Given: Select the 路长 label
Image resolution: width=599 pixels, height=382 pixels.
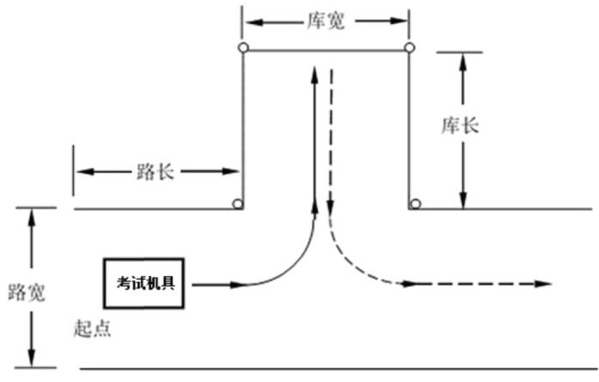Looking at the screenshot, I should pyautogui.click(x=156, y=171).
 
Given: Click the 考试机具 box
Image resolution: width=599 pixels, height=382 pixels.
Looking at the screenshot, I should pyautogui.click(x=146, y=282).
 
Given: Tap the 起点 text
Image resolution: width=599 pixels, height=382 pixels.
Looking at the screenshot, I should pyautogui.click(x=92, y=329).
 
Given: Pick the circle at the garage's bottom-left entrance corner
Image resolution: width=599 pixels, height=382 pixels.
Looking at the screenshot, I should pyautogui.click(x=237, y=204).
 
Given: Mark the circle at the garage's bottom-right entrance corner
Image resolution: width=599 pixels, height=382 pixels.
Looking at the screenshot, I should pyautogui.click(x=415, y=204).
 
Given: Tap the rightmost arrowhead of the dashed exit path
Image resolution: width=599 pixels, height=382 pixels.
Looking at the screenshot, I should pyautogui.click(x=543, y=283).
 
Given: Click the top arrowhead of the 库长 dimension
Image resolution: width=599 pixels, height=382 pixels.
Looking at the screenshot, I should pyautogui.click(x=464, y=61).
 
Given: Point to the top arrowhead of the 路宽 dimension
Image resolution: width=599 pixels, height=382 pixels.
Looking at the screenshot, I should pyautogui.click(x=33, y=217).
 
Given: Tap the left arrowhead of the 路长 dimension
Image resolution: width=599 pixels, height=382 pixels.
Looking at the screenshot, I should pyautogui.click(x=83, y=171).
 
